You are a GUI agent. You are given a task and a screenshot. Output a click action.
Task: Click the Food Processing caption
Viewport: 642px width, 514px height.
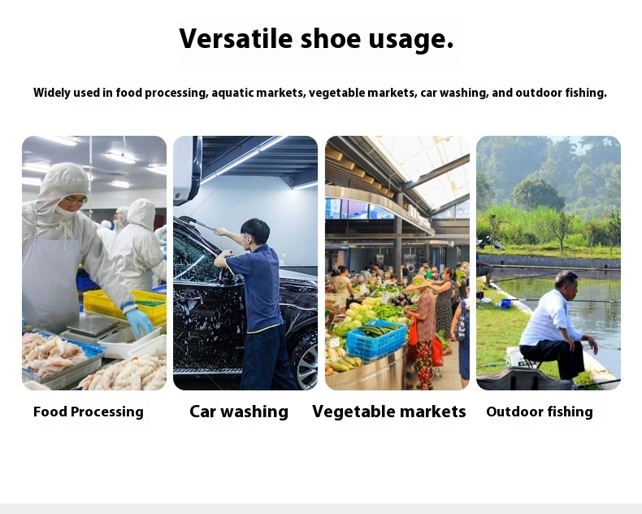pos(88,412)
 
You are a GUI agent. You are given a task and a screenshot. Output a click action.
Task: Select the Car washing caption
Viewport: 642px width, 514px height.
pos(239,412)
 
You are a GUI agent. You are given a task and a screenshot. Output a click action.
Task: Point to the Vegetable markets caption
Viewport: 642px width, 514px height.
pos(388,412)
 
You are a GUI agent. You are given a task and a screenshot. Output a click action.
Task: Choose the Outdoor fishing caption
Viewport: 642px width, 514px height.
pos(540,412)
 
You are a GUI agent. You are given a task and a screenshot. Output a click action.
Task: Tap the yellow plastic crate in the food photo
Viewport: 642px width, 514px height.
pos(122,304)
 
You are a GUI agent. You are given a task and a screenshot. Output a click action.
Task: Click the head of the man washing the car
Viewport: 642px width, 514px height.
pos(254,232)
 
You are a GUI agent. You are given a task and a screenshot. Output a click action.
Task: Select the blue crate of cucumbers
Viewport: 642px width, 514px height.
pos(375,340)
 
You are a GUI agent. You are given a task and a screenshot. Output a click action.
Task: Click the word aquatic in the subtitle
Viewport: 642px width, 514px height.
pos(233,93)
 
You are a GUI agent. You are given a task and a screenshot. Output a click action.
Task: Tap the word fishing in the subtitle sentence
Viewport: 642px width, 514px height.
pos(583,93)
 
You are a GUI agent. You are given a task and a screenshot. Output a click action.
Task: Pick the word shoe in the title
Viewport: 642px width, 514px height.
pos(330,38)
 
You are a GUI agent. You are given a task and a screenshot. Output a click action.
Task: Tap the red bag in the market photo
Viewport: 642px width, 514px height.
pos(414,333)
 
